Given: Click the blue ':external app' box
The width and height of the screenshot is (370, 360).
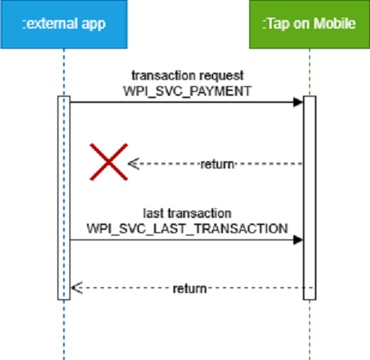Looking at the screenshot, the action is point(64,24).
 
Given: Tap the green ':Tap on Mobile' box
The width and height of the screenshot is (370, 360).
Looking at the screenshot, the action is point(309,24).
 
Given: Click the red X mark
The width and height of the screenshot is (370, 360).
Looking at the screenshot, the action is point(109,162).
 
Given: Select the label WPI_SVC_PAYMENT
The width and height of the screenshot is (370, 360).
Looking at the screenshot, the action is point(187,91).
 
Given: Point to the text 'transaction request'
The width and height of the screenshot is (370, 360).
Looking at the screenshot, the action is point(188,76).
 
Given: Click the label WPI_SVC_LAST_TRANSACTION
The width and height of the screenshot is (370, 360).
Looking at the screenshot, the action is point(187,228).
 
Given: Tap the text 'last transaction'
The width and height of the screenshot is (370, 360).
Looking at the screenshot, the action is point(187,213).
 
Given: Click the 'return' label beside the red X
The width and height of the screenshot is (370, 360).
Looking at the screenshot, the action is point(217,164).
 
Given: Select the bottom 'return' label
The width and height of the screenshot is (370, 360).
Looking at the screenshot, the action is point(189,288).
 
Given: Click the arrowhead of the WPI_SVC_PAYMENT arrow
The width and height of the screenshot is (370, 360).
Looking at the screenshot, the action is point(298,102).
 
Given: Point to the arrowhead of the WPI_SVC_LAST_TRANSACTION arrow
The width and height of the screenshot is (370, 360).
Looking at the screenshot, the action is point(298,240).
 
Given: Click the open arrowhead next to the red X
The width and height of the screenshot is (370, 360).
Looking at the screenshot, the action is point(133,164).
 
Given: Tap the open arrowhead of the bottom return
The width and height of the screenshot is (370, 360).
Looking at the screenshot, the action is point(77,288).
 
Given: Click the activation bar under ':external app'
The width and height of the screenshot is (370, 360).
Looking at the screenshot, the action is point(64,198).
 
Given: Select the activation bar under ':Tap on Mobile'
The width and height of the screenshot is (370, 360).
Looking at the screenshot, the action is point(309,198).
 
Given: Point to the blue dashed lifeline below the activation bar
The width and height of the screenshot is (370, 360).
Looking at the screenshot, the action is point(64,330).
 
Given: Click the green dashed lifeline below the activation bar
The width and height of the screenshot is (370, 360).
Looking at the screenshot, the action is point(309,330).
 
